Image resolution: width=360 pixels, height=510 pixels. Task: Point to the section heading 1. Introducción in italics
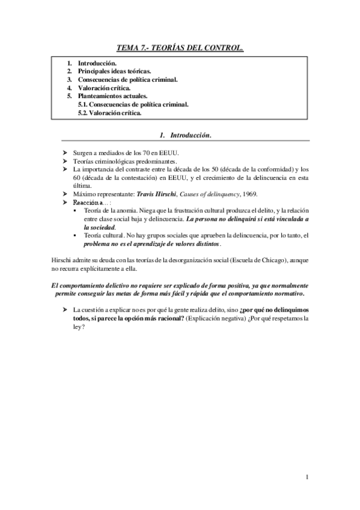pyautogui.click(x=180, y=135)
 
